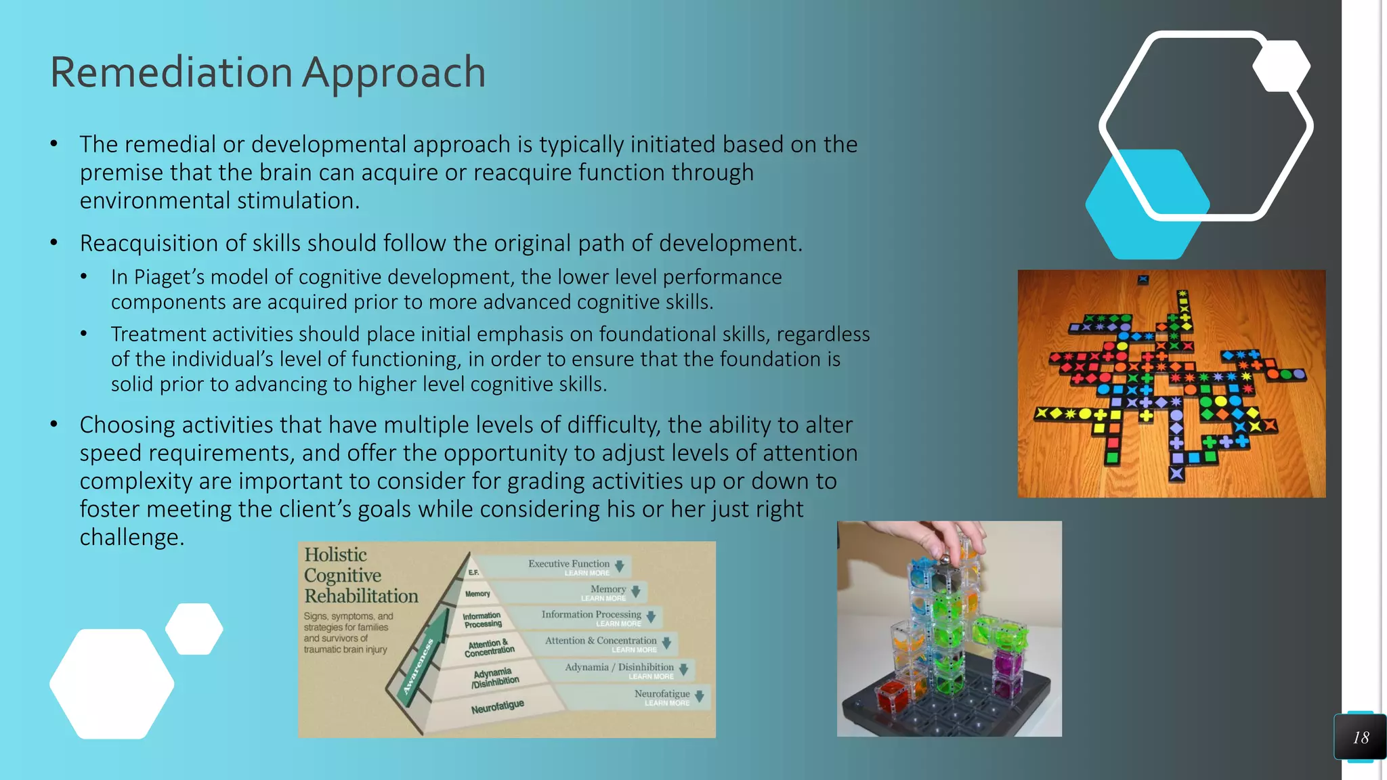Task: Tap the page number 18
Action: click(x=1361, y=737)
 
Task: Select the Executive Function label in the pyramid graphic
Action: click(x=568, y=563)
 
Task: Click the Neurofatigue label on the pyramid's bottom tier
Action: click(x=498, y=707)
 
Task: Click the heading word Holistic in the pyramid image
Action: click(x=335, y=555)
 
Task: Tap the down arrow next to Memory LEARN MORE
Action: click(x=636, y=592)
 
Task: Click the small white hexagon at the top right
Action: click(x=1281, y=66)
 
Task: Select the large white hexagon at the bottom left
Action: click(x=112, y=684)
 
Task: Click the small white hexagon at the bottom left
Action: click(x=194, y=629)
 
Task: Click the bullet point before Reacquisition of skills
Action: click(x=54, y=243)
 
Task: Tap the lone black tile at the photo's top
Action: click(x=1143, y=279)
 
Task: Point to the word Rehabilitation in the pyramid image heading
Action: click(x=361, y=596)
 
